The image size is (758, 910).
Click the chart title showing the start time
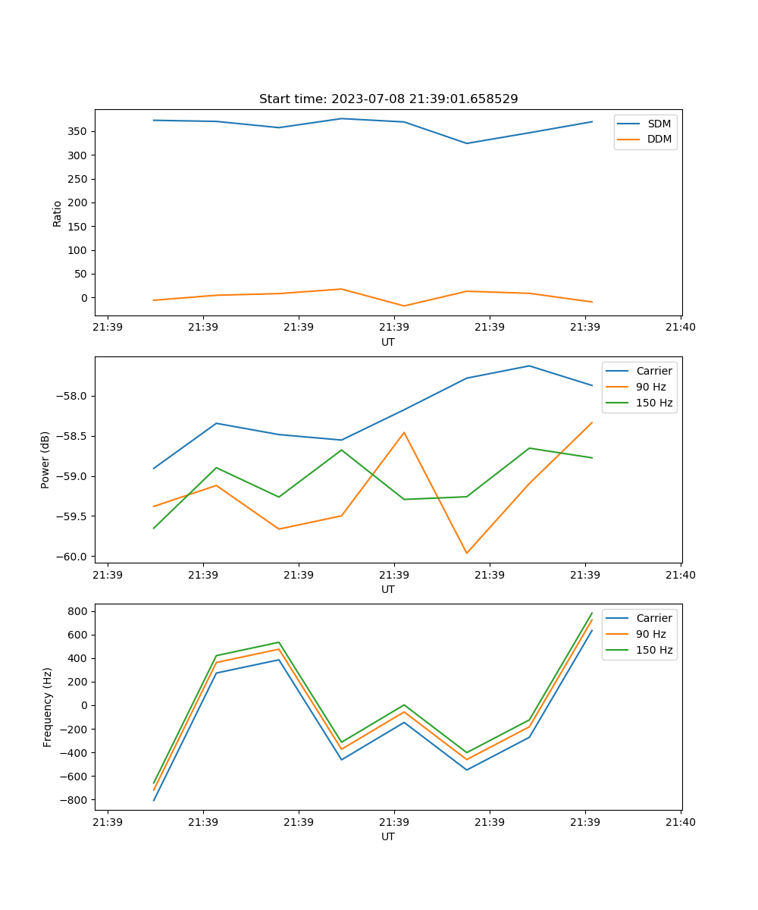click(x=388, y=99)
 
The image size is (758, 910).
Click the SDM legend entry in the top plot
click(x=659, y=124)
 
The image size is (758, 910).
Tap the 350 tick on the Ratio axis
click(x=78, y=131)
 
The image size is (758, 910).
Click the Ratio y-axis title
click(x=58, y=213)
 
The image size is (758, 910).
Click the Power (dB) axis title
click(x=45, y=460)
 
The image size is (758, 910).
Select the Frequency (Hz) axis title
click(x=48, y=707)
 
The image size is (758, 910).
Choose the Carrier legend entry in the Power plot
click(x=653, y=371)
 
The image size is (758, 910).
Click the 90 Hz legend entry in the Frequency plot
click(x=650, y=634)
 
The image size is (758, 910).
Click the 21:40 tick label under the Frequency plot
click(x=681, y=822)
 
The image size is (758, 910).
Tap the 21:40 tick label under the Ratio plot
click(x=681, y=328)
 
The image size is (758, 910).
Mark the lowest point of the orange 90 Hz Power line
click(x=467, y=553)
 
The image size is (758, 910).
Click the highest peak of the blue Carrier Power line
click(x=529, y=366)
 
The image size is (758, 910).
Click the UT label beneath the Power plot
click(x=388, y=589)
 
